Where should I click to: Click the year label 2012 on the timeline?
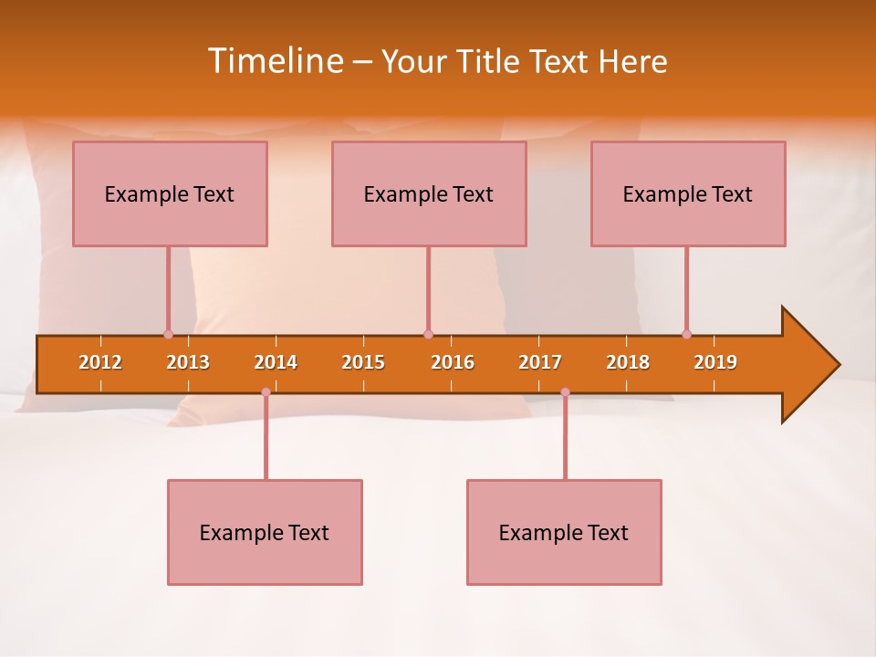[100, 362]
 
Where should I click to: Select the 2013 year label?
[188, 362]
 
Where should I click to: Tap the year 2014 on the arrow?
[276, 362]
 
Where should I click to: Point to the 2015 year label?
[363, 362]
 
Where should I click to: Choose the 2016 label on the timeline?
[453, 362]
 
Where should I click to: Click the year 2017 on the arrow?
[540, 362]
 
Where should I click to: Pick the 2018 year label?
[628, 362]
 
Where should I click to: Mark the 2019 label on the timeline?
[715, 362]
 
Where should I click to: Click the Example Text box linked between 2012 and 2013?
[170, 193]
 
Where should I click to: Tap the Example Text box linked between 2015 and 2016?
[429, 193]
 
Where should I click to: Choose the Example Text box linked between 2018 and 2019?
[688, 193]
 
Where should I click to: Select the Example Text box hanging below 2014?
[265, 532]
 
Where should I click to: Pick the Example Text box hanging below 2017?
[564, 532]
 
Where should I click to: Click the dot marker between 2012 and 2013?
[168, 334]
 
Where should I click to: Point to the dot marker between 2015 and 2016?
[428, 334]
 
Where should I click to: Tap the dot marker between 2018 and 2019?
[686, 334]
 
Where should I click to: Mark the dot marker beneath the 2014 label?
[266, 391]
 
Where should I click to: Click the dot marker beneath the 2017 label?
[565, 391]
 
